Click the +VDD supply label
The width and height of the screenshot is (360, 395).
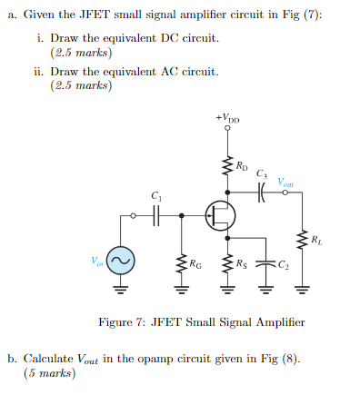[x=227, y=118]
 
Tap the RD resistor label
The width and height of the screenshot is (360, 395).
[x=241, y=165]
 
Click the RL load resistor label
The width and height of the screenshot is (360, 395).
[x=315, y=240]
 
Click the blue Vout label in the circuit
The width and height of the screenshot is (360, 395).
[x=286, y=181]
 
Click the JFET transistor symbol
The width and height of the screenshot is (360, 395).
[x=221, y=216]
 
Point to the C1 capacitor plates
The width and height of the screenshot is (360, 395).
[x=155, y=216]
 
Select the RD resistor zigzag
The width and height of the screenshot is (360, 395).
[x=226, y=166]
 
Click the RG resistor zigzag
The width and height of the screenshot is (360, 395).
[x=181, y=264]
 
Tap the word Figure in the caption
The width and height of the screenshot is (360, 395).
[x=118, y=322]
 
